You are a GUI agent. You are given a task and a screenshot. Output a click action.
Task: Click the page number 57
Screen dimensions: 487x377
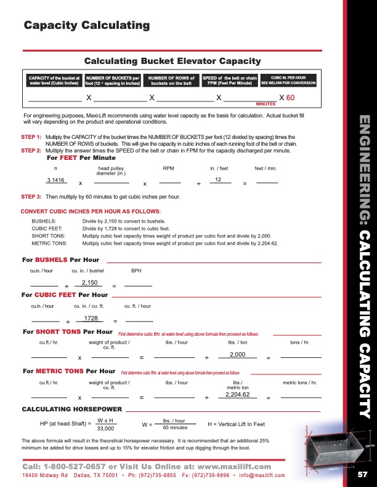362,474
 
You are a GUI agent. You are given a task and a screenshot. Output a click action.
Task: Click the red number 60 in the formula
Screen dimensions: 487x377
291,98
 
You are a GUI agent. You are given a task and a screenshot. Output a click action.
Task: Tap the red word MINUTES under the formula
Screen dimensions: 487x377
266,105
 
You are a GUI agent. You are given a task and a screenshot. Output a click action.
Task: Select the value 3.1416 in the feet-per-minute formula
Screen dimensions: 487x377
56,180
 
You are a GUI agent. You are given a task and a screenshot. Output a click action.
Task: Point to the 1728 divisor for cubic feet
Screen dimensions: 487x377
91,318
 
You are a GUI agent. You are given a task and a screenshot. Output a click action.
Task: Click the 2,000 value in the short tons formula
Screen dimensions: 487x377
238,355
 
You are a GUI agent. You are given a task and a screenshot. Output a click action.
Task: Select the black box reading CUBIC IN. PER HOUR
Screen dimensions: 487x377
289,81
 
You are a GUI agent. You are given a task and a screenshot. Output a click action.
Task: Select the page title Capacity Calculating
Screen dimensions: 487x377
87,25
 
